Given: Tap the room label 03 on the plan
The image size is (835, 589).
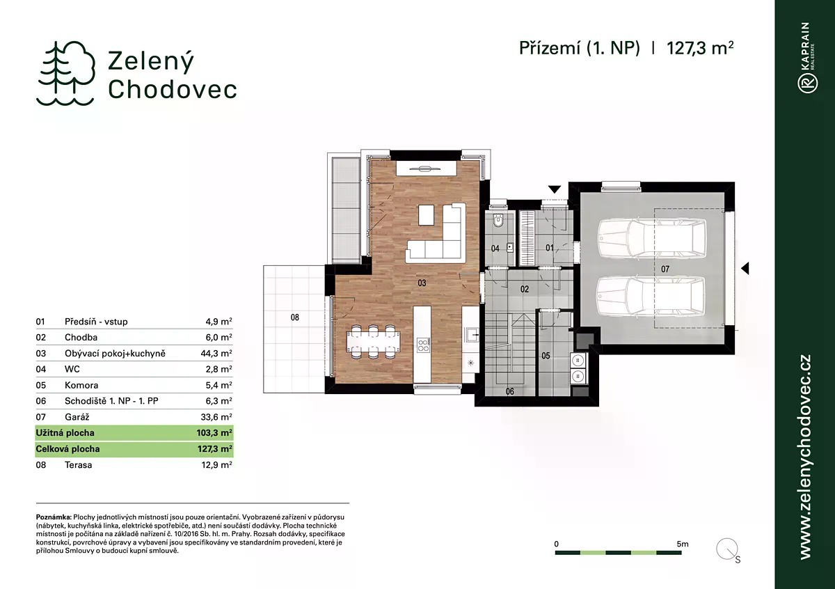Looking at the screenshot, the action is pyautogui.click(x=422, y=283).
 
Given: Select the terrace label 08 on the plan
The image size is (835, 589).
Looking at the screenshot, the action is pyautogui.click(x=295, y=317).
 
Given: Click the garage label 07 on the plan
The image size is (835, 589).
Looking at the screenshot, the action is pyautogui.click(x=665, y=269).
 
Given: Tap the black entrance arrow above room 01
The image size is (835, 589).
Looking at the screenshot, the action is pyautogui.click(x=555, y=189).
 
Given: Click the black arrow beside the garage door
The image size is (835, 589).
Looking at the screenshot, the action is pyautogui.click(x=745, y=268).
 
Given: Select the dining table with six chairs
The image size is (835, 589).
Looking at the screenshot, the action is pyautogui.click(x=374, y=342).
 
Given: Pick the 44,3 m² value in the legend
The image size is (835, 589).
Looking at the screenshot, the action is pyautogui.click(x=216, y=353).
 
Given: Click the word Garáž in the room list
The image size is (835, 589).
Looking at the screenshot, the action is pyautogui.click(x=77, y=417).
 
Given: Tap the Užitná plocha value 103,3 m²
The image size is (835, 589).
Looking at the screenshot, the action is pyautogui.click(x=214, y=433).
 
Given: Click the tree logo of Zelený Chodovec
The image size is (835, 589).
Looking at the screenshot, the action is pyautogui.click(x=65, y=74).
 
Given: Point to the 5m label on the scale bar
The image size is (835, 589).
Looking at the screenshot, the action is pyautogui.click(x=683, y=544).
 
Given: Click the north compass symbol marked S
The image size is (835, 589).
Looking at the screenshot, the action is pyautogui.click(x=728, y=550).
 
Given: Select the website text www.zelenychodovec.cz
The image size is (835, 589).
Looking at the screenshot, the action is pyautogui.click(x=806, y=457).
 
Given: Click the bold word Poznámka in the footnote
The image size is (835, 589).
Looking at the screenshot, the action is pyautogui.click(x=54, y=517).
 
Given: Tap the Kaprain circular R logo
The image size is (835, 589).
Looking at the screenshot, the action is pyautogui.click(x=808, y=83).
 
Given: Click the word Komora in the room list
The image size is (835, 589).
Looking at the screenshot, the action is pyautogui.click(x=81, y=385).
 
